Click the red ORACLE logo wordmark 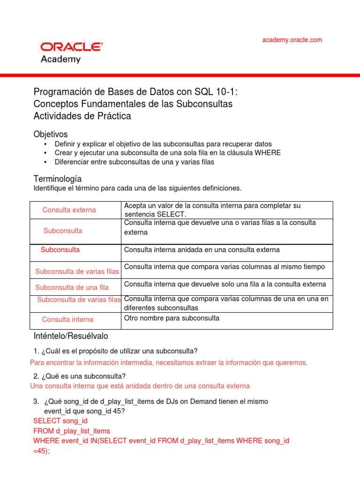point(71,47)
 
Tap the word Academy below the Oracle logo point(61,60)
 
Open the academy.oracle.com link point(292,40)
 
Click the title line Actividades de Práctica point(82,116)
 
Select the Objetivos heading point(51,134)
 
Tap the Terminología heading point(58,179)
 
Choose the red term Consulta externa point(69,210)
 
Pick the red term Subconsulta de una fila point(72,287)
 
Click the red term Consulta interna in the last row point(67,319)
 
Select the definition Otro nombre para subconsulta point(172,318)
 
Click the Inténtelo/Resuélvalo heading point(71,336)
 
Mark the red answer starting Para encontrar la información point(169,362)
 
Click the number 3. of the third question point(36,402)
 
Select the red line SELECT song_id point(60,421)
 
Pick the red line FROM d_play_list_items point(72,431)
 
